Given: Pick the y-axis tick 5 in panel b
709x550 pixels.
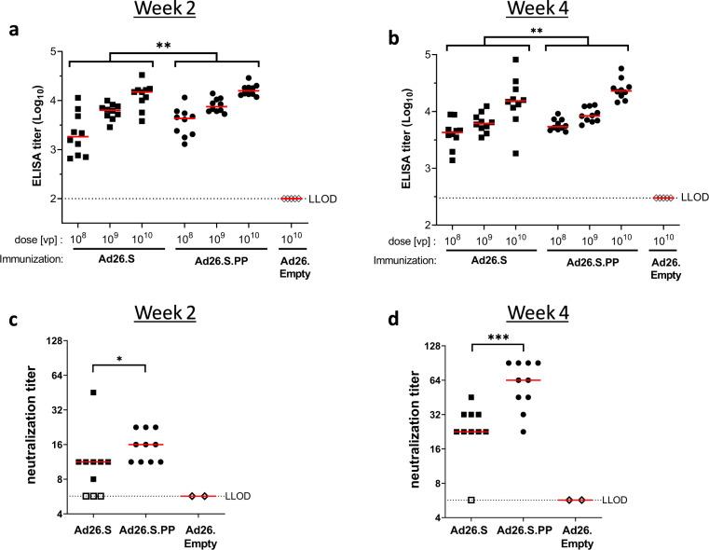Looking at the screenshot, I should pos(423,54).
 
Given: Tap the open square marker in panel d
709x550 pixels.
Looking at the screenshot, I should pos(472,501).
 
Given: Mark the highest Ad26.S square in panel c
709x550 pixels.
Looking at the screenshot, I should pos(93,392).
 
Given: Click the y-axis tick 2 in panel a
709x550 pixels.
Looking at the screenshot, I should pos(52,199).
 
